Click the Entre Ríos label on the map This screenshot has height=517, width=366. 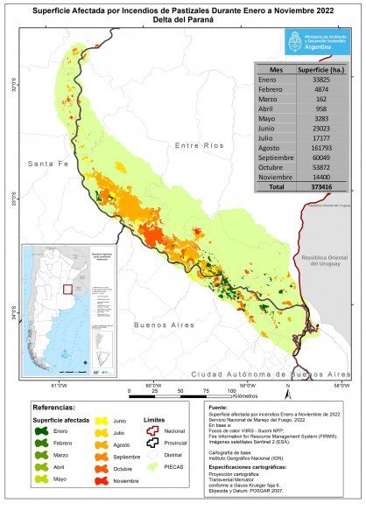click(x=200, y=145)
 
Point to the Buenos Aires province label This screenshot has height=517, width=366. click(x=163, y=325)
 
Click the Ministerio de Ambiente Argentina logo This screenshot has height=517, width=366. click(x=313, y=40)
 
